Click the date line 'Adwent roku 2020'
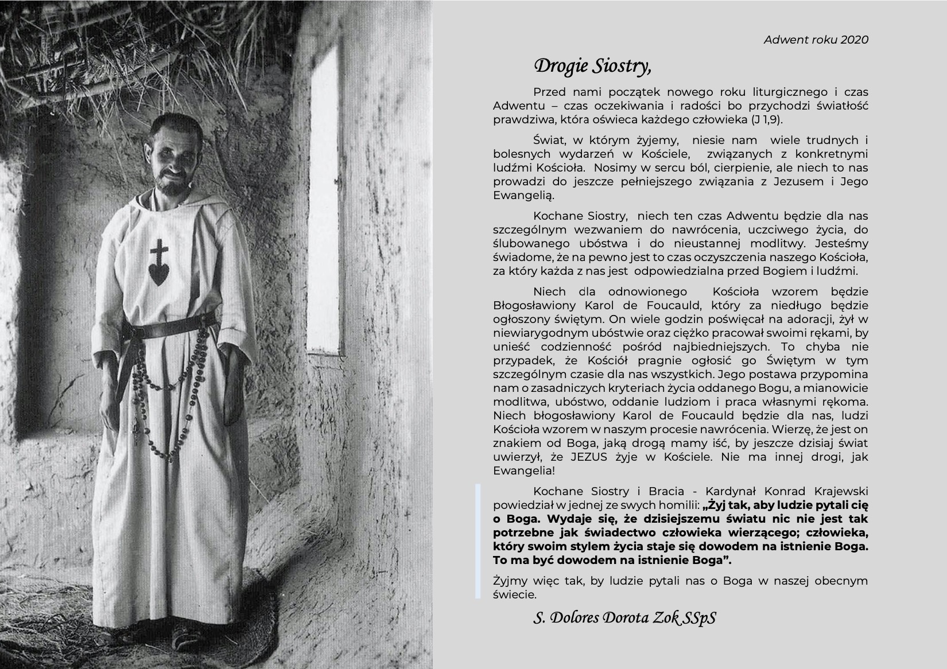tap(816, 40)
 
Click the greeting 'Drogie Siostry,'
tap(592, 66)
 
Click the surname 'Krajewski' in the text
tap(840, 492)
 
